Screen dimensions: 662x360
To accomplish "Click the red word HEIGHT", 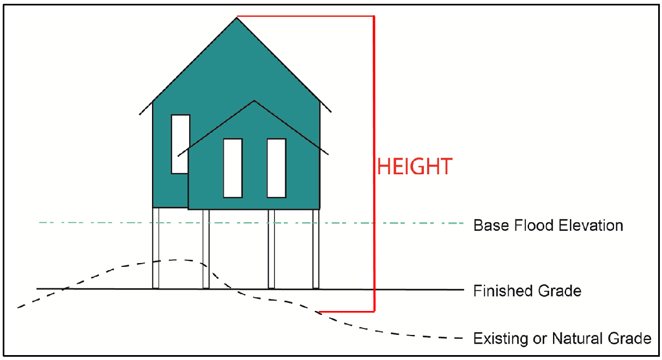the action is [x=415, y=167].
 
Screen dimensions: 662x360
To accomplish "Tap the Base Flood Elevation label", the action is [x=548, y=225].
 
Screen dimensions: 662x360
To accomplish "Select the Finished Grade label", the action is [x=527, y=291].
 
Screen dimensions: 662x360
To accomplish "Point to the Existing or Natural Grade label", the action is [x=562, y=338].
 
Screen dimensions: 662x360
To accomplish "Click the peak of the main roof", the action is [x=237, y=18].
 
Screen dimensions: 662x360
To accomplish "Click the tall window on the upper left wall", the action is [x=180, y=144].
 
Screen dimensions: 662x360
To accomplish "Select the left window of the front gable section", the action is [x=233, y=168].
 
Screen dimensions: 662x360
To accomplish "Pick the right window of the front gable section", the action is [x=276, y=168].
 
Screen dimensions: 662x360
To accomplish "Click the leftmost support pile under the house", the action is [x=156, y=248].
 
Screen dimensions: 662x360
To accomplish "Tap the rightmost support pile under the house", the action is [x=316, y=248].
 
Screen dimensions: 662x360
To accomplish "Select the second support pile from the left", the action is [x=206, y=248].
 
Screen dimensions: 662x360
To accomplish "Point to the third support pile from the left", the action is [x=271, y=248].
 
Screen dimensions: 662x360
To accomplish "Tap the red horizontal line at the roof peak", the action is [x=305, y=16].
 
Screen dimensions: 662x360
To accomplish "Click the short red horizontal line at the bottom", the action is [x=346, y=312].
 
